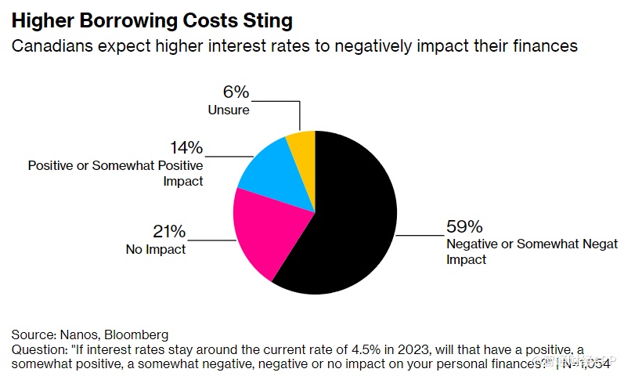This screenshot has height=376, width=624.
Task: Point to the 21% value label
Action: click(x=169, y=232)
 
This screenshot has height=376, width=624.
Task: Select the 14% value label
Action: click(x=186, y=147)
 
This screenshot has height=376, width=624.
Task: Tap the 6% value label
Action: click(x=236, y=92)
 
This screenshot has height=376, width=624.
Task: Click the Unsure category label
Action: click(x=229, y=110)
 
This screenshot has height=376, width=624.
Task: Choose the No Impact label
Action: click(x=156, y=250)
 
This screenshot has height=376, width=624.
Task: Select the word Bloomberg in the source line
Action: click(x=140, y=334)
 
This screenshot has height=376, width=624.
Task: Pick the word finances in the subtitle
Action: click(x=546, y=46)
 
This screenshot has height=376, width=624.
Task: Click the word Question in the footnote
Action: click(x=36, y=349)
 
